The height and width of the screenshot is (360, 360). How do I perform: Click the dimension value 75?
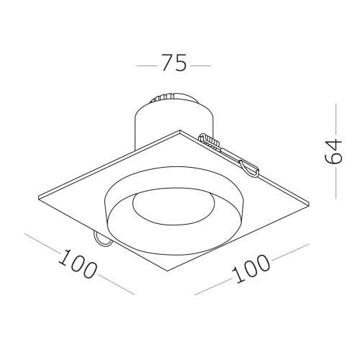174,64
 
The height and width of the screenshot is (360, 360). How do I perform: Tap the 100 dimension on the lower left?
78,264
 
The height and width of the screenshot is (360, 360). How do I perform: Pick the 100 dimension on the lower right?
251,271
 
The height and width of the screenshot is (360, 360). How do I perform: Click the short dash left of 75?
146,65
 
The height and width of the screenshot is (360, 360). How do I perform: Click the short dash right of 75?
201,65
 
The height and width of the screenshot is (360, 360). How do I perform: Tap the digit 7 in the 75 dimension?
166,64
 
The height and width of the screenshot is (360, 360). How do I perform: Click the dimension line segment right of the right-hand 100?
291,253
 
